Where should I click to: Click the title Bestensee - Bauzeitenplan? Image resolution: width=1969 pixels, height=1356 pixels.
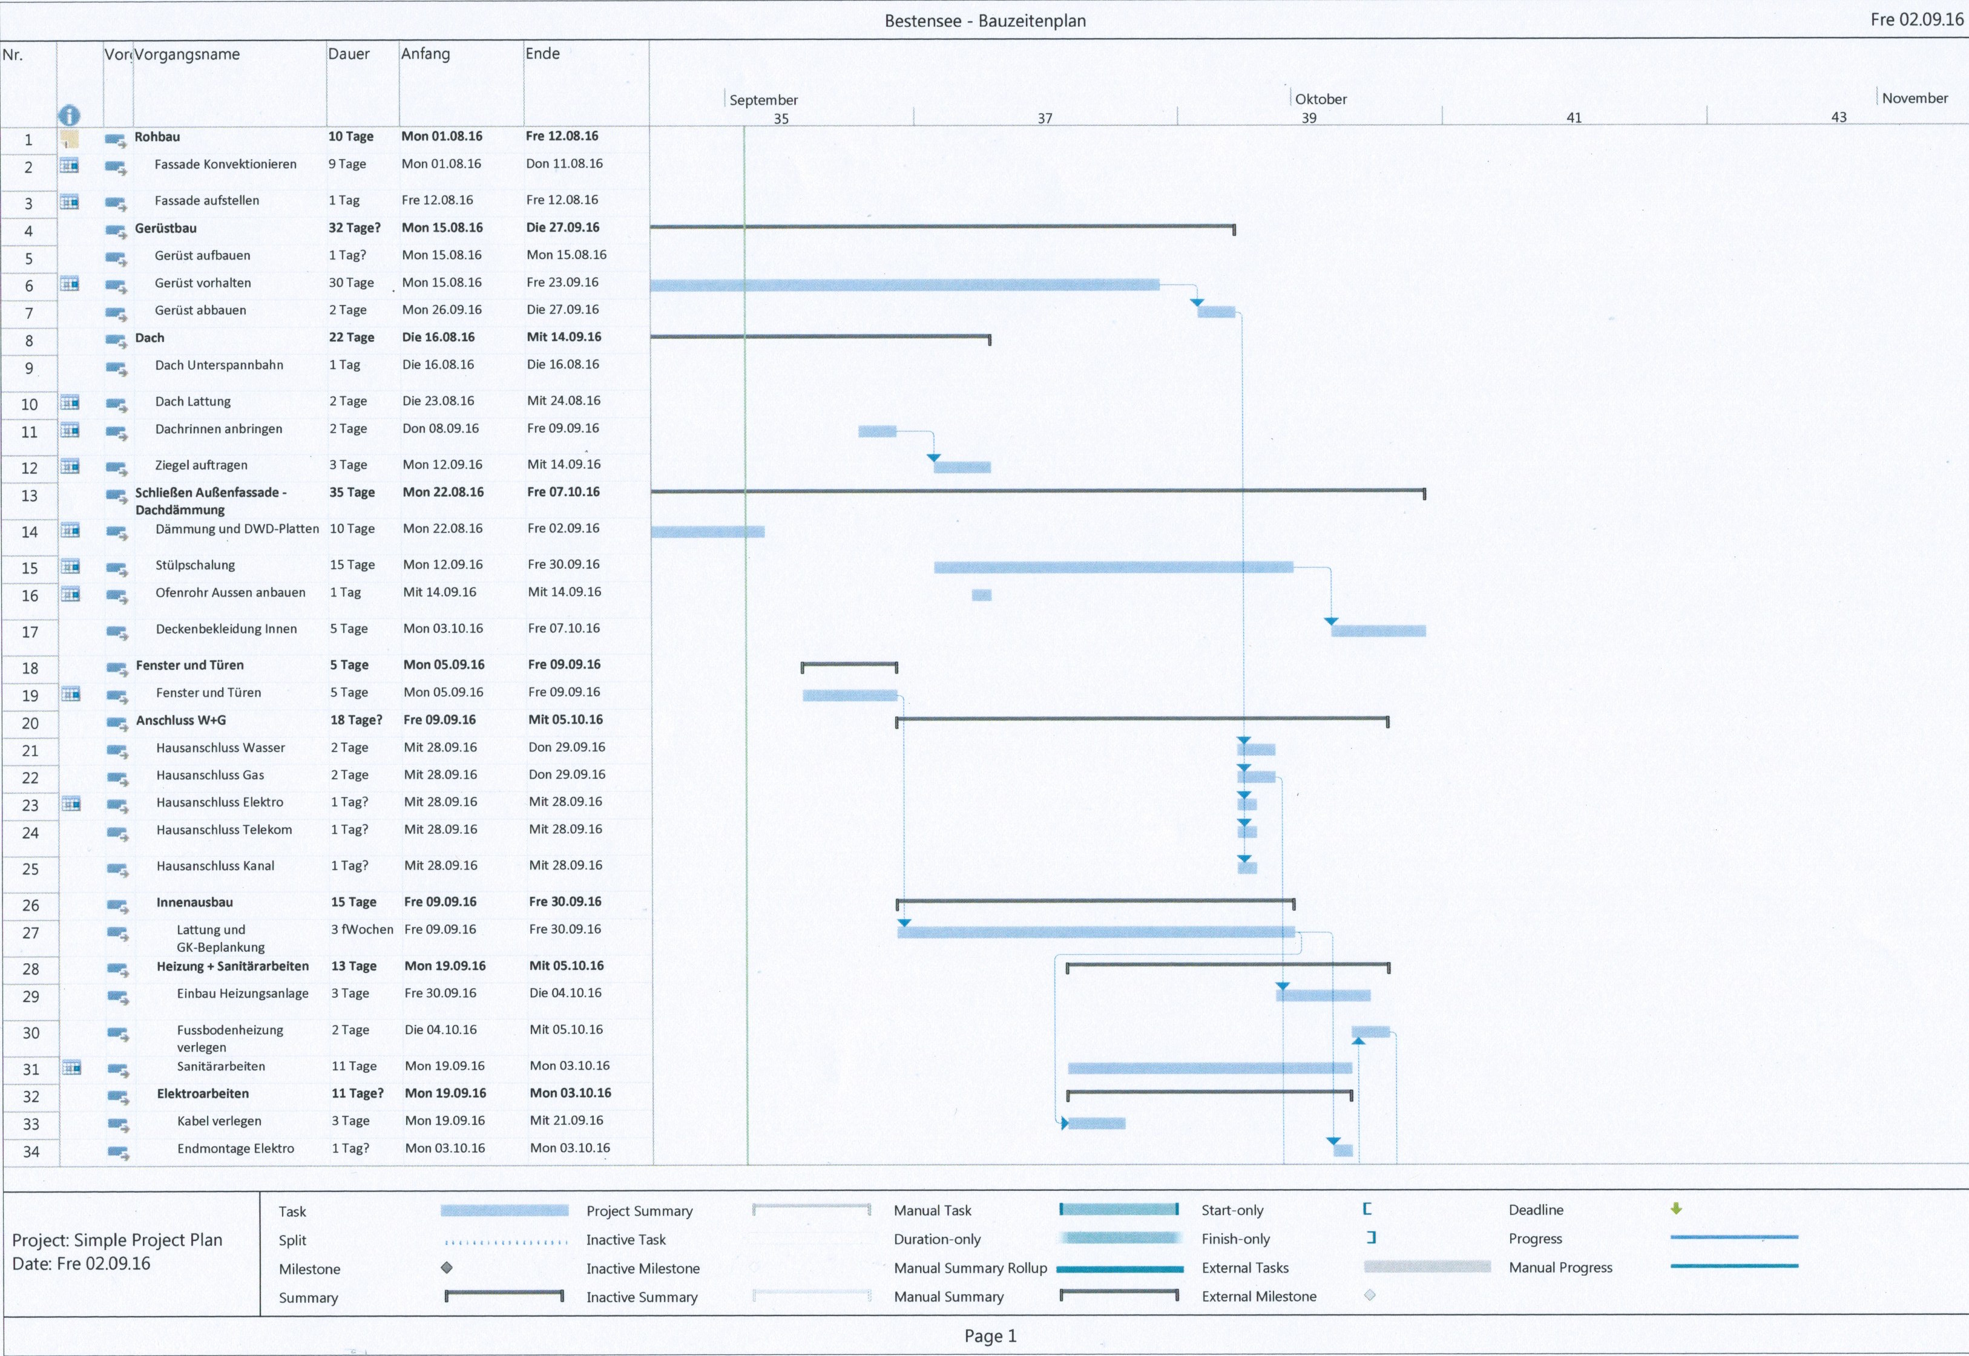[984, 21]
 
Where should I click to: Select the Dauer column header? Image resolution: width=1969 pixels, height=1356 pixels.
[349, 53]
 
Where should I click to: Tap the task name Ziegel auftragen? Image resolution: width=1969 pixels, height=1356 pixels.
[202, 465]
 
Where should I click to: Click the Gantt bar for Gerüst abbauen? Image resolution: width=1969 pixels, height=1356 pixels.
[1216, 312]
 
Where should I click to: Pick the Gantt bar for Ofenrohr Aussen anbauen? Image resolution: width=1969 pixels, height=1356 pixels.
[982, 595]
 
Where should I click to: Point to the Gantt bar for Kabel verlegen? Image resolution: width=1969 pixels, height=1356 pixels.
[1096, 1123]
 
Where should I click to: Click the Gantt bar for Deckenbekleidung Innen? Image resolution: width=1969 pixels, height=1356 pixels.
[1378, 631]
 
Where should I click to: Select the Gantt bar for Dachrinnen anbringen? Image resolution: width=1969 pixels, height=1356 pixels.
[877, 431]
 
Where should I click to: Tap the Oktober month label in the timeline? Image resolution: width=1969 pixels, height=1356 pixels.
[1321, 99]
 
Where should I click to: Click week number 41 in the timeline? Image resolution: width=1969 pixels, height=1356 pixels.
[1574, 117]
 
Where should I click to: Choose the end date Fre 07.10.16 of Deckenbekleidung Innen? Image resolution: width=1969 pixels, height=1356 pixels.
[564, 628]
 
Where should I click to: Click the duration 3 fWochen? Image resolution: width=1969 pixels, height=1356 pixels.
[362, 929]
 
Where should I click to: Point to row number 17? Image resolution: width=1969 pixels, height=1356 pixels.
[30, 632]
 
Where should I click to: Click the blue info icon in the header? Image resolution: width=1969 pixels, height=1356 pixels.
[69, 116]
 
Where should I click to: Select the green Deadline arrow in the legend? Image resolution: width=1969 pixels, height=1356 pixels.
[1676, 1208]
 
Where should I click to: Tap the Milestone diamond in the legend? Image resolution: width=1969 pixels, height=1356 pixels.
[447, 1268]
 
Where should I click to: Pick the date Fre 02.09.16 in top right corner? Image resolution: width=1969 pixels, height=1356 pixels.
[1916, 19]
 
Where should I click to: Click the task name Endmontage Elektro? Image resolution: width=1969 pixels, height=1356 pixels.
[235, 1148]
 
